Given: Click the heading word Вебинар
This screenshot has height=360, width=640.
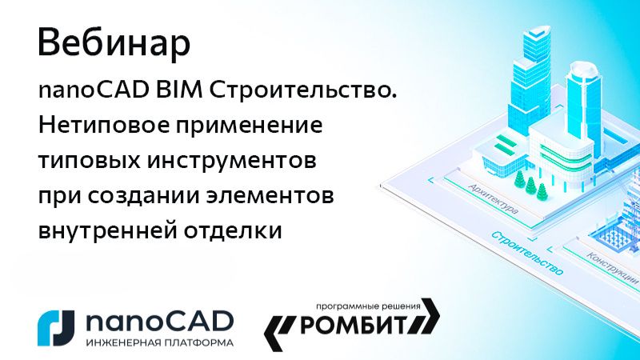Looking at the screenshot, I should tap(114, 44).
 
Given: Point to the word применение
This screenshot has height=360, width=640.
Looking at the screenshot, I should tap(253, 127).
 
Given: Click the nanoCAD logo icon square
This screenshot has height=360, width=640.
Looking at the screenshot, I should tap(56, 323).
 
